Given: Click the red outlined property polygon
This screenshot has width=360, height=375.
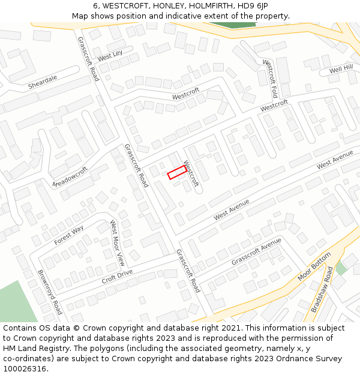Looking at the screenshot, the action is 176,172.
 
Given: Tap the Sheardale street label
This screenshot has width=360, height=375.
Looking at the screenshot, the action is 43,82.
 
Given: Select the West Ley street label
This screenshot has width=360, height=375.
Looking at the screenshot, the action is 110,56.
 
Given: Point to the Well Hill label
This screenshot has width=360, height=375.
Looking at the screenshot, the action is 341,70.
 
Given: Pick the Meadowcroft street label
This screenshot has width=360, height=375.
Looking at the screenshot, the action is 70,176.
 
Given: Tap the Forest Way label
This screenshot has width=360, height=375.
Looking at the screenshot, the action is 69,235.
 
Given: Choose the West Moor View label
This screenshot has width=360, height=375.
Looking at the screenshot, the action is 117,243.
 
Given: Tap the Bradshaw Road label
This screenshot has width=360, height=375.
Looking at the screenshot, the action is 322,289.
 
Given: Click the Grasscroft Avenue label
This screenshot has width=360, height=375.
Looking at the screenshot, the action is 256,252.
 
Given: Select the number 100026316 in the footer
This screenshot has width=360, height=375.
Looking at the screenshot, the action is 25,369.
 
